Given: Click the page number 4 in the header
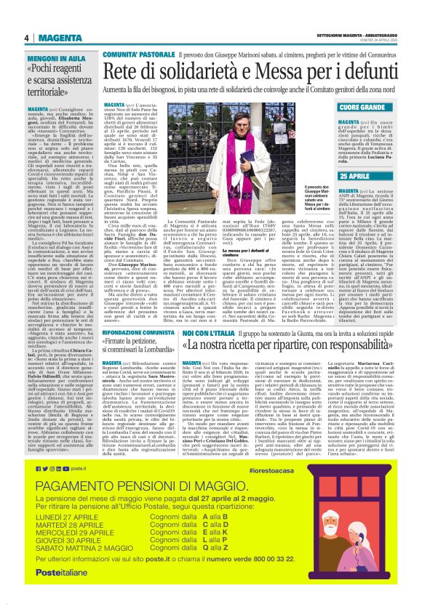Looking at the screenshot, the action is click(26, 38).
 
